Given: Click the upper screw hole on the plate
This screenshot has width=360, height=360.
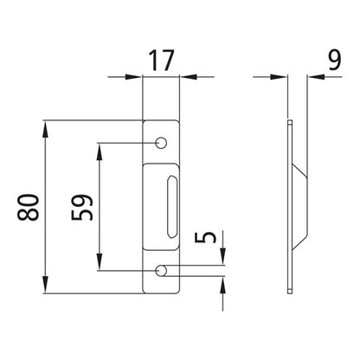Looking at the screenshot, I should pos(161,142).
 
